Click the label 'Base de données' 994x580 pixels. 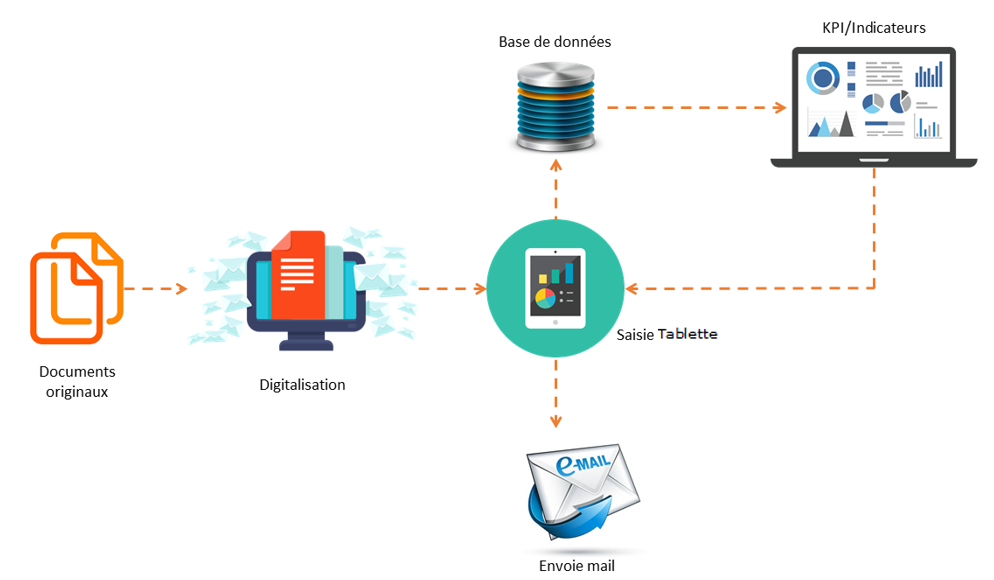555,42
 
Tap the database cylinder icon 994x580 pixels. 555,106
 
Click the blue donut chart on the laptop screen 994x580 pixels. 824,77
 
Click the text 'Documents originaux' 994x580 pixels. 76,382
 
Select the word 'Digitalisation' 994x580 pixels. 302,384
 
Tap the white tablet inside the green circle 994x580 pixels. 554,288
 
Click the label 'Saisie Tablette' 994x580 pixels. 667,333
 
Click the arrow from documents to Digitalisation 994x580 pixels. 156,289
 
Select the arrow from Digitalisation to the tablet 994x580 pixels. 450,289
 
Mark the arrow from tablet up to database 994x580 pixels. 555,190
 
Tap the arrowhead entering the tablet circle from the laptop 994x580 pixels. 632,289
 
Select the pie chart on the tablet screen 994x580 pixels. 545,297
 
